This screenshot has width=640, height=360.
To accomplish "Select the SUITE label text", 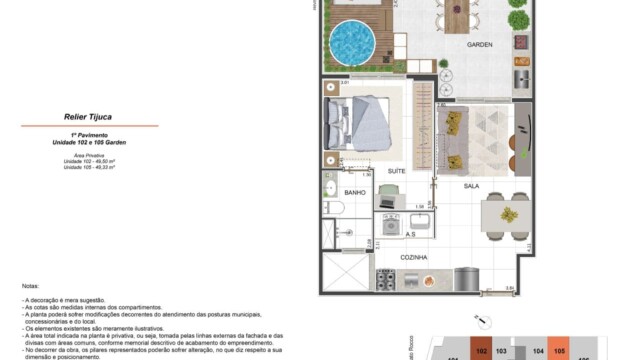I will [397, 171].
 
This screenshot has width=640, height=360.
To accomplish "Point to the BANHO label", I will [355, 192].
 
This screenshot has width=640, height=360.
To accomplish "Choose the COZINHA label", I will [413, 257].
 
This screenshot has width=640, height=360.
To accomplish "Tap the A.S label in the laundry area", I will [410, 234].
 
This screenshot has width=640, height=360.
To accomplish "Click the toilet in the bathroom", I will [336, 208].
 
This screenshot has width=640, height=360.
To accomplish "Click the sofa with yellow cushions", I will [454, 140].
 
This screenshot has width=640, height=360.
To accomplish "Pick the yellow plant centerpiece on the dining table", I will [508, 214].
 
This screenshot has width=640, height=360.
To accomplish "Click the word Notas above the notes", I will [30, 287].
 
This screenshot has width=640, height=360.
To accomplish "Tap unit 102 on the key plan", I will [481, 352].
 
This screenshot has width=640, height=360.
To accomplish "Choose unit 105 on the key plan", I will [560, 352].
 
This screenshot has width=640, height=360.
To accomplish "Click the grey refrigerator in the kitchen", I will [463, 279].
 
